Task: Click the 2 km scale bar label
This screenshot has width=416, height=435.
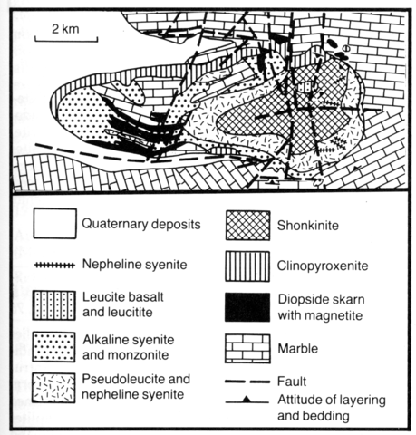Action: pos(65,29)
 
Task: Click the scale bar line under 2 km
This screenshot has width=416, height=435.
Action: pos(66,40)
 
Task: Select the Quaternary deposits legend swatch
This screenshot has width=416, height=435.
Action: pos(54,224)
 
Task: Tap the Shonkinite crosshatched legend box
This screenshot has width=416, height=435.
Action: pos(247,226)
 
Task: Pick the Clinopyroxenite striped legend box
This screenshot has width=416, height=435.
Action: pos(247,266)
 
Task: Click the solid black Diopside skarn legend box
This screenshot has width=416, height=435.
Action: pos(247,307)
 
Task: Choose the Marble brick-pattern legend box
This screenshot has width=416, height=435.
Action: pos(247,348)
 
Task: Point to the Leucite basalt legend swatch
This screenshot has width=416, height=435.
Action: pos(53,305)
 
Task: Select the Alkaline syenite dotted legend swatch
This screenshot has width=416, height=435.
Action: pos(53,347)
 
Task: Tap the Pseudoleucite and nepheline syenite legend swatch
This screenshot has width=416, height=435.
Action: pos(53,388)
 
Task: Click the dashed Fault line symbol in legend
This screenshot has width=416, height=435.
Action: pos(247,382)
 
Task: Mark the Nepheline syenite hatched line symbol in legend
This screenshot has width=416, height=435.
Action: pos(54,266)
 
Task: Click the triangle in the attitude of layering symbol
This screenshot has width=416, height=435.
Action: pos(247,400)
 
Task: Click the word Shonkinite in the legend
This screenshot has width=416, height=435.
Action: pos(308,226)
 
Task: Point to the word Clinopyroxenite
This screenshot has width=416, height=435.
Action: pos(323,266)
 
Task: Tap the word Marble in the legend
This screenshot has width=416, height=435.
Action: pos(298,349)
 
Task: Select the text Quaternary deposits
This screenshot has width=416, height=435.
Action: pos(141,224)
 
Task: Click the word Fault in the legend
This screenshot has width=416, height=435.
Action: pos(292,382)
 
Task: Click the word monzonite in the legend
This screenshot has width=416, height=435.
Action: pos(140,355)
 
